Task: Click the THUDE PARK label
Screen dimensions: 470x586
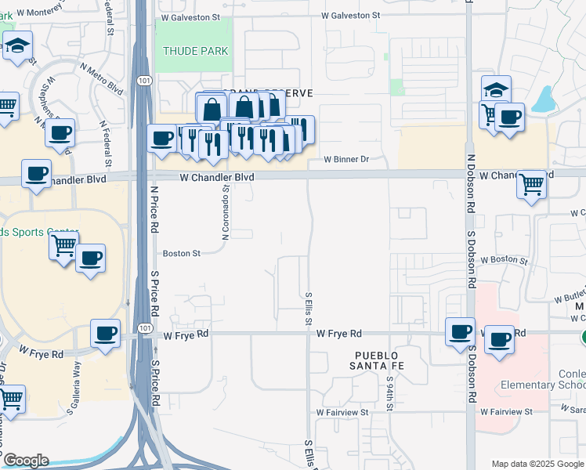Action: pyautogui.click(x=195, y=51)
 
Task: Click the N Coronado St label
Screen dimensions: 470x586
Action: pyautogui.click(x=225, y=207)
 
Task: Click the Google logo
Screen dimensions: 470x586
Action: pyautogui.click(x=26, y=460)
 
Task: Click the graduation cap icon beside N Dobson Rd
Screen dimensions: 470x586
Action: pyautogui.click(x=496, y=89)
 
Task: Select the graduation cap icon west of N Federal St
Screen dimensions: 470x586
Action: pyautogui.click(x=16, y=46)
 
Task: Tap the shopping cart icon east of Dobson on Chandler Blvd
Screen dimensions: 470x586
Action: pyautogui.click(x=531, y=185)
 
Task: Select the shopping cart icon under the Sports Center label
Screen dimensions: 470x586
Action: pyautogui.click(x=63, y=246)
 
